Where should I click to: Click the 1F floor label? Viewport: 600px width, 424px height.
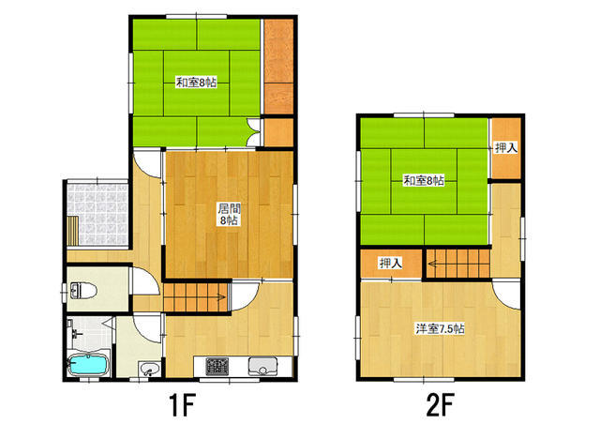(182, 405)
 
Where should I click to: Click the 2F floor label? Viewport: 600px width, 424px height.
(440, 405)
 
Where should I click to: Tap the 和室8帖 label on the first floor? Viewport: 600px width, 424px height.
(196, 83)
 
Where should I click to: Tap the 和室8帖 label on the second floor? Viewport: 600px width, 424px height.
(424, 180)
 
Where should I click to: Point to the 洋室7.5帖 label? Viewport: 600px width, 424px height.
(441, 328)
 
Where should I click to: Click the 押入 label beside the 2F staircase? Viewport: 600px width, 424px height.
(391, 264)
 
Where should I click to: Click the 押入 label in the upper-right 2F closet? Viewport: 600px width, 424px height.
(506, 148)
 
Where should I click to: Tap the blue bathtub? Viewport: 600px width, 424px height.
(87, 365)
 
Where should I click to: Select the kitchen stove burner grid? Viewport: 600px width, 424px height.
(217, 366)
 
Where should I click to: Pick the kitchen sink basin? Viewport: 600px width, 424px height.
(262, 366)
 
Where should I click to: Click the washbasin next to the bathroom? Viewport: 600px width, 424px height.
(150, 370)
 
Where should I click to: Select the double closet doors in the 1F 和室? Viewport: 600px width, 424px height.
(253, 132)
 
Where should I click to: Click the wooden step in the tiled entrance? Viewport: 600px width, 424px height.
(73, 230)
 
